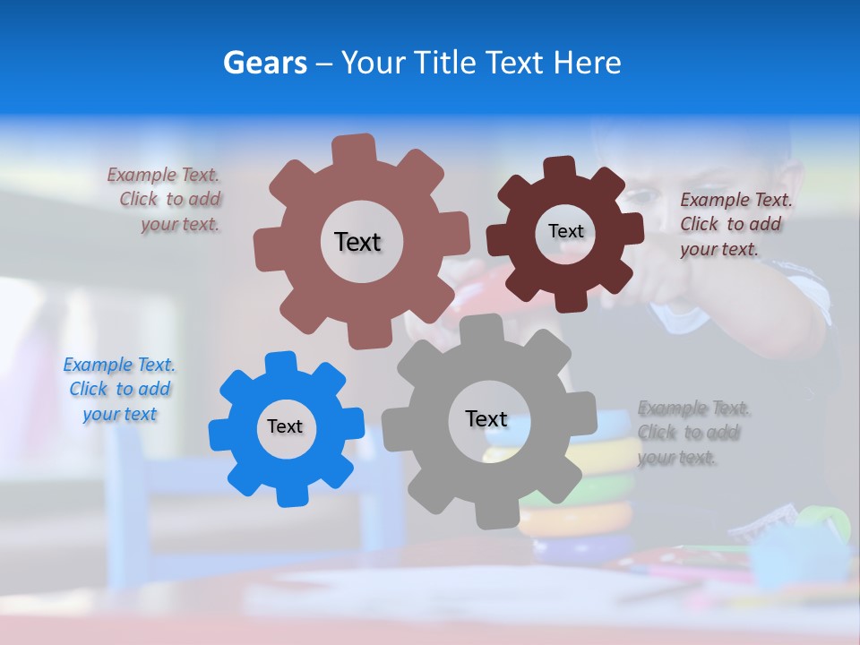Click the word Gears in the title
pos(264,63)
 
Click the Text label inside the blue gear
pos(285,427)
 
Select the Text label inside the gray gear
pos(486,419)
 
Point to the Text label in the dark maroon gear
pos(566,231)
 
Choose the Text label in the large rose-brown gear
pos(358,242)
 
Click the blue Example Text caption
pos(119,390)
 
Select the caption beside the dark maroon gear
pos(735,225)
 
